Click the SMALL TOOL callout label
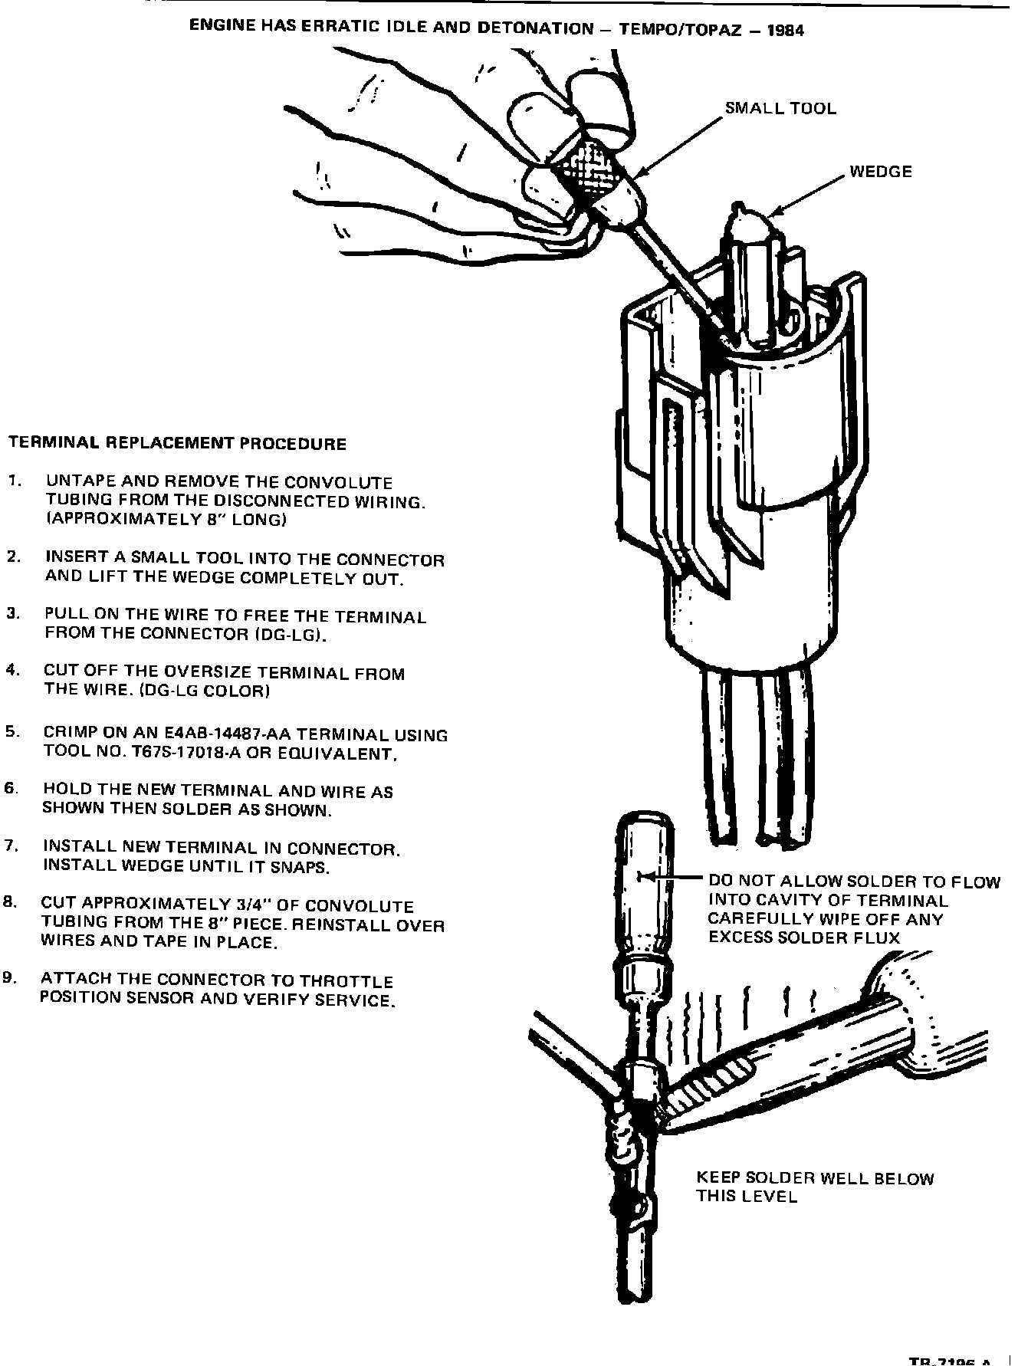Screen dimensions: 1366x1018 click(x=780, y=109)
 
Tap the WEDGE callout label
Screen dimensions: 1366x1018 click(x=881, y=172)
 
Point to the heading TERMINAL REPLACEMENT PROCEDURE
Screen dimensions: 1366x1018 click(x=177, y=444)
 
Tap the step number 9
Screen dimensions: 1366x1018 click(x=9, y=978)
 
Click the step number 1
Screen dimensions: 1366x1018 click(x=14, y=481)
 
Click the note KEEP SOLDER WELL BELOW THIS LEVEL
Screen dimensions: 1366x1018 click(x=814, y=1187)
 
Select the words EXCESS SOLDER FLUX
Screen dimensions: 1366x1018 click(x=803, y=938)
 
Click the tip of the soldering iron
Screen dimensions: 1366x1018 click(x=665, y=1121)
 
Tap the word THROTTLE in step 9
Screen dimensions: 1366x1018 click(x=346, y=982)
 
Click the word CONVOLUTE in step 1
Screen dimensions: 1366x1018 click(x=338, y=483)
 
